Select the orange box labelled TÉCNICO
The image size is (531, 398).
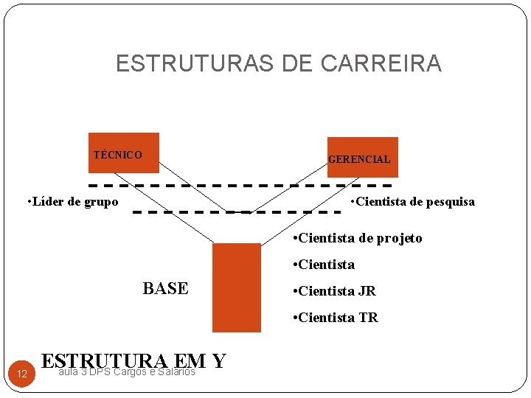[123, 153]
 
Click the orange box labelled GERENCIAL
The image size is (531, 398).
[362, 157]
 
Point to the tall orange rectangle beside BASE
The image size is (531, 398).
[236, 287]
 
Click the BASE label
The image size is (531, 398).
[165, 288]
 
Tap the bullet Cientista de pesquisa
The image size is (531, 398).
[413, 201]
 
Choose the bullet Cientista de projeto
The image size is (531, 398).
[358, 237]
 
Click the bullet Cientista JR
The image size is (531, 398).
[335, 291]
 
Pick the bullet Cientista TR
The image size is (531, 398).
[336, 318]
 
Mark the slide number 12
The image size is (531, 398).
[22, 375]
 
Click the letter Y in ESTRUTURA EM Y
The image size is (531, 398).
[218, 361]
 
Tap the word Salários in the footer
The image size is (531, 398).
[178, 371]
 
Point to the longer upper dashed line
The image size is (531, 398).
[240, 184]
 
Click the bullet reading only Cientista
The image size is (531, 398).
[324, 264]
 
